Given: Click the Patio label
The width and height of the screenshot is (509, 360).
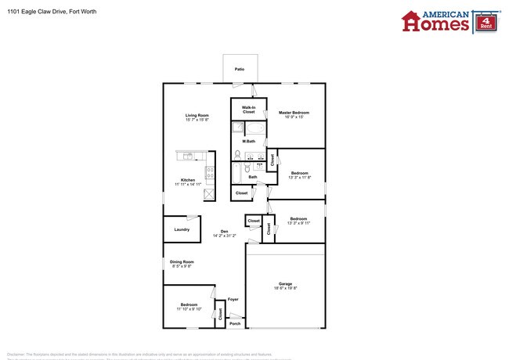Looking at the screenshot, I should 239,70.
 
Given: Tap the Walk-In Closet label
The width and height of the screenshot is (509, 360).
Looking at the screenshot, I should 248,110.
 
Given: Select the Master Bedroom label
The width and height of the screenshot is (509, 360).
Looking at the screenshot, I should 294,113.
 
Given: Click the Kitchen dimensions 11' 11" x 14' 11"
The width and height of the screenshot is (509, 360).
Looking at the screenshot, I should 188,185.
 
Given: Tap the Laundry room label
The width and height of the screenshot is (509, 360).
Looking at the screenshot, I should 182,229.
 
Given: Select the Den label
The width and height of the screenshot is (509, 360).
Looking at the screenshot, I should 224,231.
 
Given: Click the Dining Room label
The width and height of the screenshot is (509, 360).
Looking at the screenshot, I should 182,262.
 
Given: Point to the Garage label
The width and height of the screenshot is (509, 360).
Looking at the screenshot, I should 285,283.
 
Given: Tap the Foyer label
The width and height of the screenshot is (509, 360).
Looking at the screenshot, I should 233,299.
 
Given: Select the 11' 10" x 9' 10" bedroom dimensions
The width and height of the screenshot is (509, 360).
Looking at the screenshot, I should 188,309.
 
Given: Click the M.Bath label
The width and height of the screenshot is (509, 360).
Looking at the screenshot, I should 248,141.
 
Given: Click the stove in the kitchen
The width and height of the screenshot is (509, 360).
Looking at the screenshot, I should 209,172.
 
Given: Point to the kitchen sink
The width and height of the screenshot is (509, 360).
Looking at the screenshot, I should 186,155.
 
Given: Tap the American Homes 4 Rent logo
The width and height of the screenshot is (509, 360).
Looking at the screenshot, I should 449,21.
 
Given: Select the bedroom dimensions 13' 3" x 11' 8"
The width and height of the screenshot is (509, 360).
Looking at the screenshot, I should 299,178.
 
